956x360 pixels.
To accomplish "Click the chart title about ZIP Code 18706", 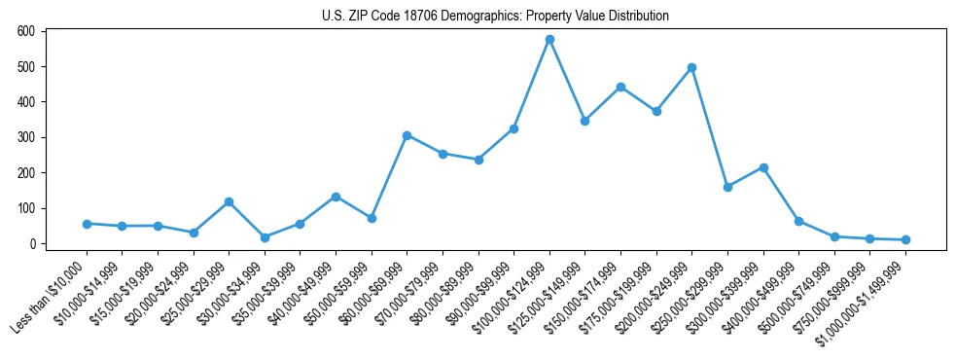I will [495, 16].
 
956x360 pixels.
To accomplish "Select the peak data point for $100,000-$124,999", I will [549, 40].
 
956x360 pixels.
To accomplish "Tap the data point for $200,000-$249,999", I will [691, 68].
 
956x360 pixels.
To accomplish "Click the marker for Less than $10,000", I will [87, 224].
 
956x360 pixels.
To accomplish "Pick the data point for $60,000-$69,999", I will [407, 135].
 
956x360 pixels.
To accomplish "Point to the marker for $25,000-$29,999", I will [229, 201].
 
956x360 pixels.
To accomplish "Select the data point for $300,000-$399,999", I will [763, 167].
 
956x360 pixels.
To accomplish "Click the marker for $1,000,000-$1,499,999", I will [905, 239].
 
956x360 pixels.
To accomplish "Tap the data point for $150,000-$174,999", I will [620, 87].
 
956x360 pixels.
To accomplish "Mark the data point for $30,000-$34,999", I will [265, 237].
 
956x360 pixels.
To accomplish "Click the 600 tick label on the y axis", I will [26, 31].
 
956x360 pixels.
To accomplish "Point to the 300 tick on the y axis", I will [26, 137].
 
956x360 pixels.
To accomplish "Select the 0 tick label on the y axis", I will [31, 243].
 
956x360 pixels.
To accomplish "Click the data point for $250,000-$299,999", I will [727, 187].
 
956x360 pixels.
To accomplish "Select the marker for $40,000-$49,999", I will [336, 197].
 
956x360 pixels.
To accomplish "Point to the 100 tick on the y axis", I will [26, 208].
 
